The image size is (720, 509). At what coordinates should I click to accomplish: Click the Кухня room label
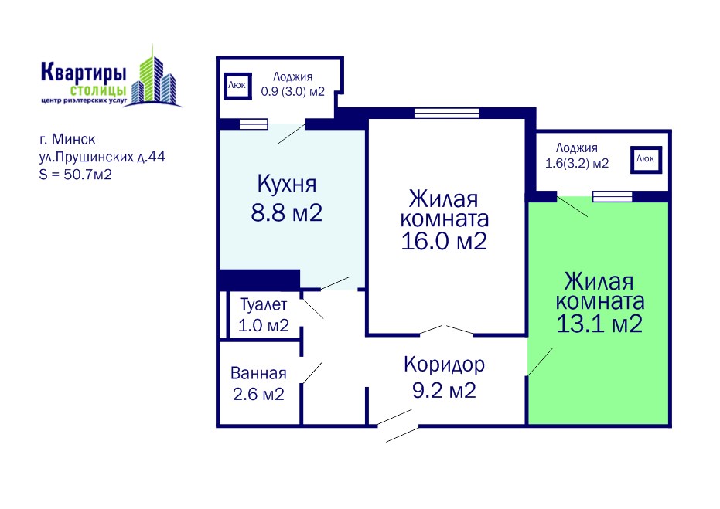click(x=286, y=184)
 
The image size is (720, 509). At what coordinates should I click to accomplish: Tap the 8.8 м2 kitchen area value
click(x=286, y=212)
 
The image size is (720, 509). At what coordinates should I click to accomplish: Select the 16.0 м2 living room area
click(x=444, y=241)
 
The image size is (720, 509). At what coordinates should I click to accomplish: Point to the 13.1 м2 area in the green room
click(x=599, y=324)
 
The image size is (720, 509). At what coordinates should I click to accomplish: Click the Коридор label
click(x=444, y=365)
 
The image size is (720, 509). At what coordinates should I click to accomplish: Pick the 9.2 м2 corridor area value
click(x=444, y=391)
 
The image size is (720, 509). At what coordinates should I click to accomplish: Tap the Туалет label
click(x=264, y=305)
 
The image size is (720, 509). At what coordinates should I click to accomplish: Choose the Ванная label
click(x=258, y=373)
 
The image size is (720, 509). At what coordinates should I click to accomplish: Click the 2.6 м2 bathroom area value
click(x=258, y=394)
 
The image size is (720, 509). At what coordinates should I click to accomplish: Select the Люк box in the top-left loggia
click(x=237, y=86)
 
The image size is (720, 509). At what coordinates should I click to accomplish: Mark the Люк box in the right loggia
click(x=646, y=160)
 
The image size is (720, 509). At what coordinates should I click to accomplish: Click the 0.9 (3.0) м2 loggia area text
click(x=293, y=92)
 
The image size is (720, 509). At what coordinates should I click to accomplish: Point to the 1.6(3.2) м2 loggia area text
click(x=577, y=163)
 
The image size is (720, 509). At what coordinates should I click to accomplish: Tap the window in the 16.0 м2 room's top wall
click(x=447, y=113)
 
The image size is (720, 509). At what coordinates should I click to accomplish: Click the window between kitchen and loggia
click(x=254, y=124)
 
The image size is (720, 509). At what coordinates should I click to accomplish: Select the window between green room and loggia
click(x=612, y=196)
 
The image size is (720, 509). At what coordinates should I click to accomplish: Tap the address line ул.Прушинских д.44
click(x=102, y=157)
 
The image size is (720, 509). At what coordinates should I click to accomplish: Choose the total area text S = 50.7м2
click(x=76, y=175)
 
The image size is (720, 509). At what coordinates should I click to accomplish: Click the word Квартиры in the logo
click(x=84, y=73)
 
